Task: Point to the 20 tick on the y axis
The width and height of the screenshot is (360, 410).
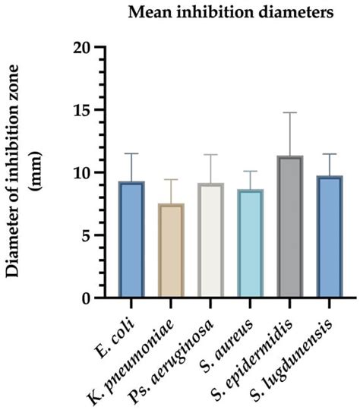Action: pyautogui.click(x=93, y=47)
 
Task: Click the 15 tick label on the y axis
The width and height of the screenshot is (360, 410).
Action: pyautogui.click(x=93, y=110)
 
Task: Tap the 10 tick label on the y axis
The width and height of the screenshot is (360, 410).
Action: pyautogui.click(x=93, y=173)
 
